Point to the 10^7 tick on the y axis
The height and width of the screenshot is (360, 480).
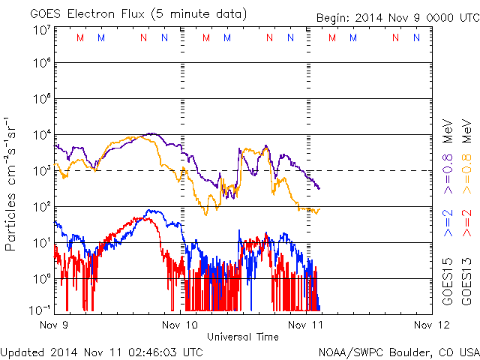tap(40, 30)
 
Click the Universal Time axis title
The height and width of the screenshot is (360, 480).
tap(243, 337)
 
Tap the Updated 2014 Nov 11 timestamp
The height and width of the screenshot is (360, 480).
tap(102, 351)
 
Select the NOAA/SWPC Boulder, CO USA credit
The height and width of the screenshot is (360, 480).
tap(397, 351)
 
